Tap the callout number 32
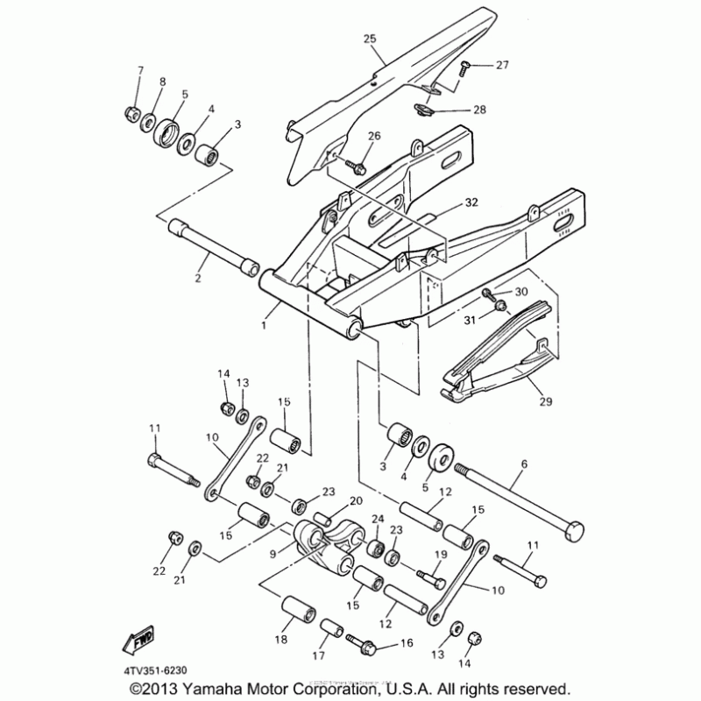click(471, 202)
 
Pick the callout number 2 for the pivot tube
click(197, 279)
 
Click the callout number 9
click(273, 553)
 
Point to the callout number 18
click(281, 640)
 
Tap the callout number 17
click(318, 655)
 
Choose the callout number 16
click(407, 643)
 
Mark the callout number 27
click(501, 65)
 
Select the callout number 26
click(374, 136)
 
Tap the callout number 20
click(356, 500)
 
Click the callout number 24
click(378, 520)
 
